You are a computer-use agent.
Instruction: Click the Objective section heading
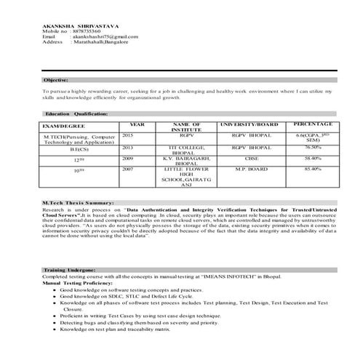point(56,79)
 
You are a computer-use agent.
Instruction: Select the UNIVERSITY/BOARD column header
point(249,124)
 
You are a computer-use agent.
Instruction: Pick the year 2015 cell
point(128,135)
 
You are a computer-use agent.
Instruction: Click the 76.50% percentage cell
point(313,146)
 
